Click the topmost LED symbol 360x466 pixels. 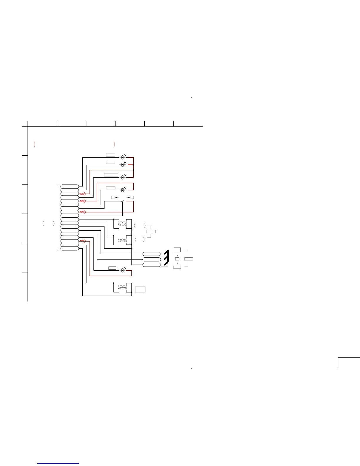123,157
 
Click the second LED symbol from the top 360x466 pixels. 123,164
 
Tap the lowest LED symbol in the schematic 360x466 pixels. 123,270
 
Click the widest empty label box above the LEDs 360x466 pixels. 111,175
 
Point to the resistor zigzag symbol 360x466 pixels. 122,202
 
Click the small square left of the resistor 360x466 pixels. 113,197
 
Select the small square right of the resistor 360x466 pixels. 132,197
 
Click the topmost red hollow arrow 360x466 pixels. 83,194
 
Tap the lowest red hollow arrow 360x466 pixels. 83,241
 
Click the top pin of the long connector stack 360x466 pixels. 70,186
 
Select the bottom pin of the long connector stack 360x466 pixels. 70,249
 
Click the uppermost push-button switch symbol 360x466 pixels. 123,224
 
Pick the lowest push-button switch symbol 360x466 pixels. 123,287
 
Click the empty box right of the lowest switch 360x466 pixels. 140,289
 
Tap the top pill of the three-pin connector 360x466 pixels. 152,254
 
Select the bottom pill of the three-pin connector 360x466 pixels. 152,265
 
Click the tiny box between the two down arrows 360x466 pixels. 177,259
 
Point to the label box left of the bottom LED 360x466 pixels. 112,268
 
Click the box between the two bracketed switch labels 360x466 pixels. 151,232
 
